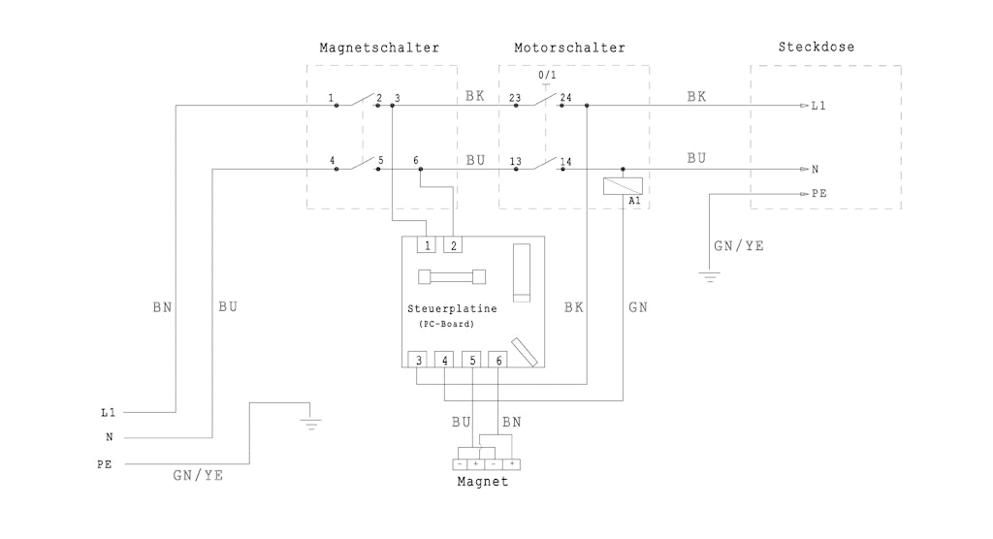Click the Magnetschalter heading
[379, 48]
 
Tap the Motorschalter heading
[569, 48]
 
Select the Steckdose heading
[817, 47]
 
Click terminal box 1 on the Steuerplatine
[427, 244]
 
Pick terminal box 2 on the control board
[453, 244]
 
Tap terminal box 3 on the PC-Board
[417, 360]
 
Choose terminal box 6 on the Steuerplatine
[497, 360]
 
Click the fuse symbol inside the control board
[452, 277]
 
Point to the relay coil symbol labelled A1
[623, 185]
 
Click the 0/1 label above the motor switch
[547, 75]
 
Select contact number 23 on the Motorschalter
[515, 98]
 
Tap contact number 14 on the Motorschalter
[565, 162]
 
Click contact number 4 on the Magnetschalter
[332, 161]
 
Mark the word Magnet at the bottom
[483, 482]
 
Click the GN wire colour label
[638, 307]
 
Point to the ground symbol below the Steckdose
[709, 277]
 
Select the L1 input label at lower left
[109, 412]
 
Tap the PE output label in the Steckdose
[818, 193]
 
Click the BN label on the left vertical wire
[162, 307]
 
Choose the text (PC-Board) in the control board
[446, 325]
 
